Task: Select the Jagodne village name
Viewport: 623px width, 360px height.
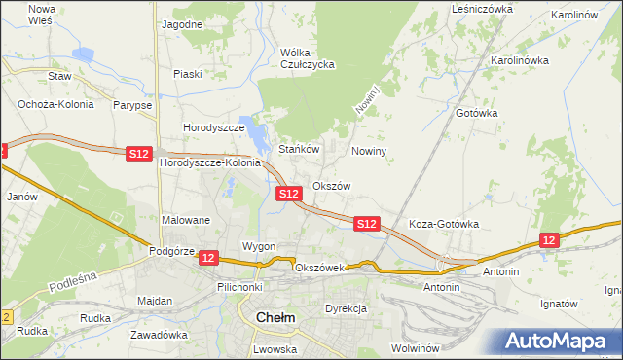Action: pyautogui.click(x=182, y=23)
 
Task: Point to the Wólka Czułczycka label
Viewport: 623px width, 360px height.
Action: pyautogui.click(x=307, y=58)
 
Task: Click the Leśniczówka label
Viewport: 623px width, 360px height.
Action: pyautogui.click(x=482, y=8)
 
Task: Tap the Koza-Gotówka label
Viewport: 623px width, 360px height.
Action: pyautogui.click(x=443, y=224)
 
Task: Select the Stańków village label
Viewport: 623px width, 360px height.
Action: pyautogui.click(x=300, y=150)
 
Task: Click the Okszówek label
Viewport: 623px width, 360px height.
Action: pyautogui.click(x=319, y=268)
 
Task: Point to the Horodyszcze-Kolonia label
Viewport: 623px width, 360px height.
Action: pyautogui.click(x=210, y=163)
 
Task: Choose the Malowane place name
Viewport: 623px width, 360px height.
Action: pyautogui.click(x=186, y=220)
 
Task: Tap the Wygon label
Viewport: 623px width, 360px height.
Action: pyautogui.click(x=259, y=246)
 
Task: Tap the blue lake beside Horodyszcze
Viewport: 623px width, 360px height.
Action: pyautogui.click(x=256, y=134)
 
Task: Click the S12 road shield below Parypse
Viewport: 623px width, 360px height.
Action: pyautogui.click(x=139, y=154)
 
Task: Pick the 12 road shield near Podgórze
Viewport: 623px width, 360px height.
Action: pyautogui.click(x=208, y=258)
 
